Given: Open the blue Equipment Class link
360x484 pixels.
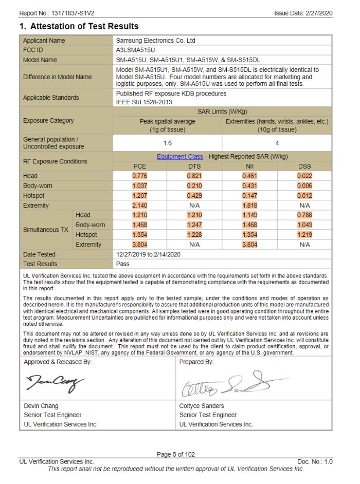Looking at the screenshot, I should [179, 157].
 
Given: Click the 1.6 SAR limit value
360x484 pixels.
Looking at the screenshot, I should [167, 142].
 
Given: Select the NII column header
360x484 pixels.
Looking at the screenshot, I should [249, 166].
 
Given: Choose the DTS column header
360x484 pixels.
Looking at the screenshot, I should [194, 166].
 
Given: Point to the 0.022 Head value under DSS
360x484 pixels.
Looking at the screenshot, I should [304, 176].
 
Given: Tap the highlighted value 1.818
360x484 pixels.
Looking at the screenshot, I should [249, 206].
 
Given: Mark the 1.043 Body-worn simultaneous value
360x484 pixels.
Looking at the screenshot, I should [304, 225].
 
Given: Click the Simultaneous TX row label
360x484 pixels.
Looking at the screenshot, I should [45, 230].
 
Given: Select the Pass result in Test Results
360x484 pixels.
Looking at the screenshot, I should [123, 264].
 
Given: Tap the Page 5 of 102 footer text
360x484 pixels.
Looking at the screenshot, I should [176, 454].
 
